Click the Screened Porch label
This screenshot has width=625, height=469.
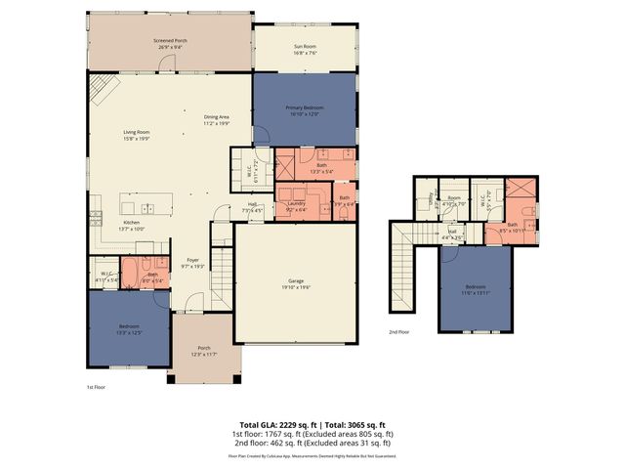pos(170,41)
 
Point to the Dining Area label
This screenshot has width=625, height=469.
pos(216,118)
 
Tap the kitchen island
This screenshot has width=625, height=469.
pos(146,207)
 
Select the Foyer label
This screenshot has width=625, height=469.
pos(193,261)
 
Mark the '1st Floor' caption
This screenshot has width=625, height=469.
pos(96,388)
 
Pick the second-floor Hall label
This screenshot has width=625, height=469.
pos(451,234)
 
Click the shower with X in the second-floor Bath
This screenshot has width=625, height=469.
pos(521,190)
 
